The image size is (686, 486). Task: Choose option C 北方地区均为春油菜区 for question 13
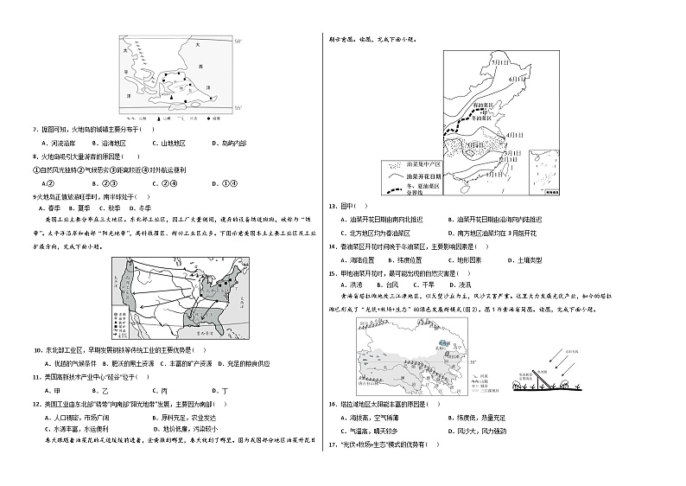(x=378, y=233)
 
